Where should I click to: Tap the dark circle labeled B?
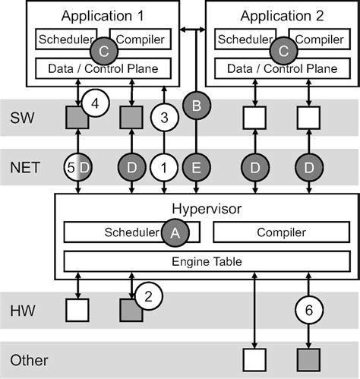click(x=197, y=109)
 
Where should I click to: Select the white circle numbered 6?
click(x=308, y=309)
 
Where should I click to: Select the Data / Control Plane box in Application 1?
click(x=104, y=69)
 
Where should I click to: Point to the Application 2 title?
click(x=282, y=15)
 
